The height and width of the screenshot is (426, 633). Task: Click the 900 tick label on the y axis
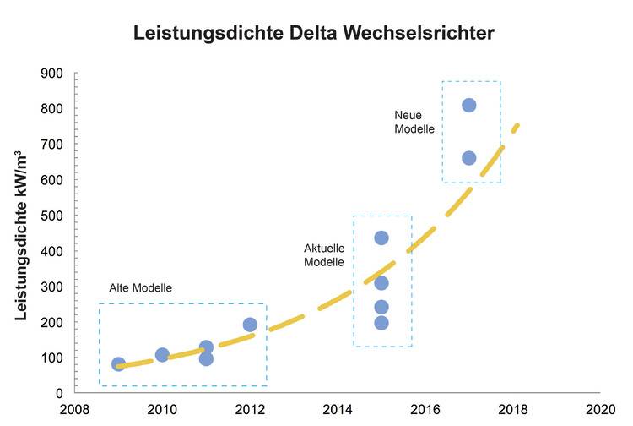(53, 74)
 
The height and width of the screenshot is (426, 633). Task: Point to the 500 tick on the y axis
(53, 216)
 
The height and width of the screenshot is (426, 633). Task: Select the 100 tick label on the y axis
(53, 358)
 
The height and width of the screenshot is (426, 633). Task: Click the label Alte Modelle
(140, 288)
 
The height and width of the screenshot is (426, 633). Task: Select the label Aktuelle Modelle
(324, 254)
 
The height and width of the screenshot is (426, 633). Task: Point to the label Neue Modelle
(414, 123)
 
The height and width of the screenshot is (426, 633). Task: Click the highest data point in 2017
(469, 106)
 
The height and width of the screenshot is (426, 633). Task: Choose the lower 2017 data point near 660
(469, 158)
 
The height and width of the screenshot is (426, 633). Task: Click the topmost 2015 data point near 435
(381, 238)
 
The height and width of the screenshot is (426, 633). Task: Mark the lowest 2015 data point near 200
(381, 322)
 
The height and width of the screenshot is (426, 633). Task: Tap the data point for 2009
(119, 364)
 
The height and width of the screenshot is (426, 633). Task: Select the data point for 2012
(250, 325)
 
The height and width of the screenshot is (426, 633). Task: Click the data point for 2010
(162, 355)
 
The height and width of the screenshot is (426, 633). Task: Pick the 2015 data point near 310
(381, 283)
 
